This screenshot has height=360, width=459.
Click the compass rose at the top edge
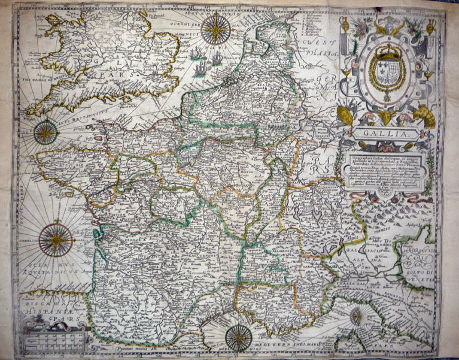215,29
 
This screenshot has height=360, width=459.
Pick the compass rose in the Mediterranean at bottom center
238,338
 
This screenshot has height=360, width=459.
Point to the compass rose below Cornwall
46,132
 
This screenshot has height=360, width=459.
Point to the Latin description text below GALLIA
387,171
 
